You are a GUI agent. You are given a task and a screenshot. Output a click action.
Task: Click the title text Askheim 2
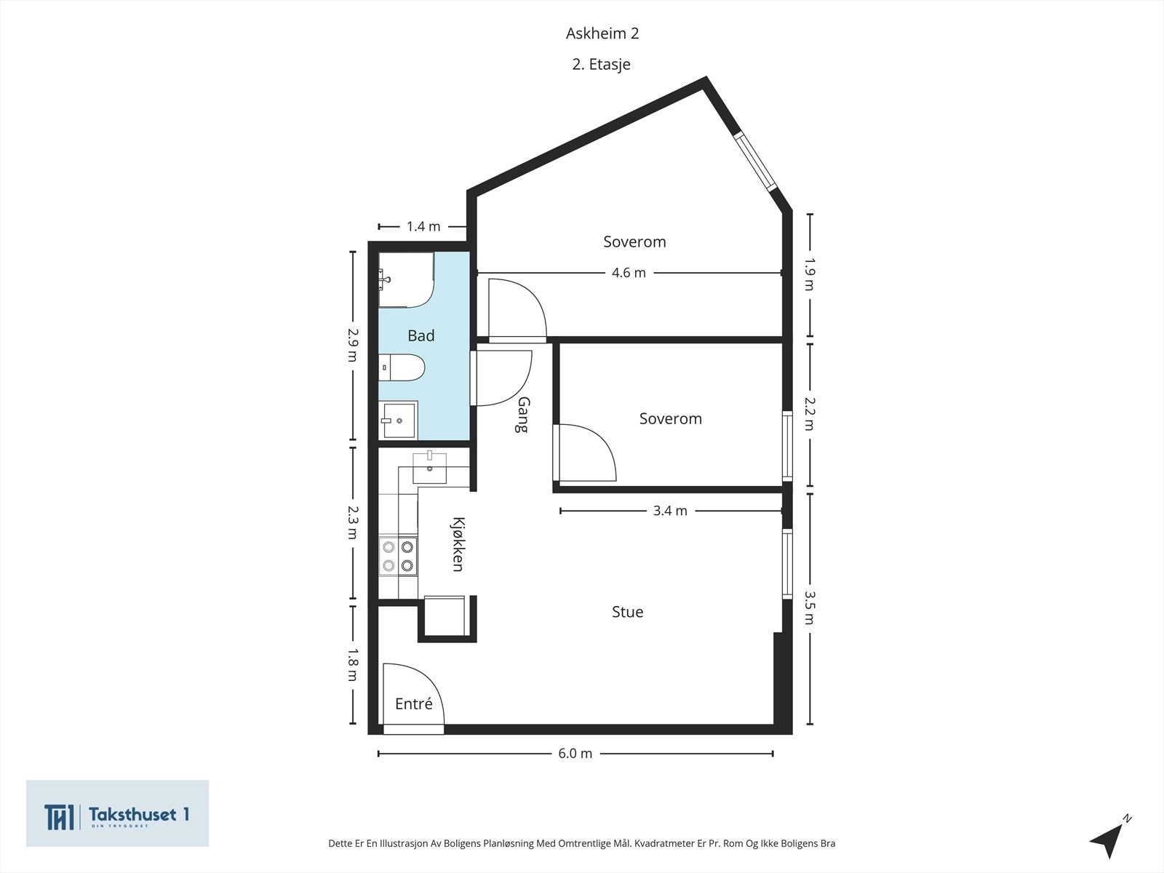point(602,33)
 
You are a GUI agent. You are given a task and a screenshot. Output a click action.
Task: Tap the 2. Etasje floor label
point(601,64)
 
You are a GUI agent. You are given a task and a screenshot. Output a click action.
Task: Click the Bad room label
point(420,335)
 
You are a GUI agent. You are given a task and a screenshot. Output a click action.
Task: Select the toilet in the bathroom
point(402,367)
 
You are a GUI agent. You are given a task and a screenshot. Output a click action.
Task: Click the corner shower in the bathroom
point(405,279)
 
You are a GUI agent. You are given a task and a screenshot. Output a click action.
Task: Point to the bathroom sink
point(399,420)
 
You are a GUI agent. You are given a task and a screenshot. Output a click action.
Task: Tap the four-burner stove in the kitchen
point(398,556)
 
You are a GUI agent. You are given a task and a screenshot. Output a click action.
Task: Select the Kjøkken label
point(458,544)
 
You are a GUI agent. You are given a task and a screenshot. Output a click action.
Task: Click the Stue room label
point(627,612)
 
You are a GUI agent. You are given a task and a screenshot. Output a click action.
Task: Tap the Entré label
point(413,703)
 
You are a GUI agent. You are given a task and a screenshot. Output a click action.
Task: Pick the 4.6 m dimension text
point(629,273)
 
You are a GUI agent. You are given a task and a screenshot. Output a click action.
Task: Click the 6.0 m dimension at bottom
point(575,754)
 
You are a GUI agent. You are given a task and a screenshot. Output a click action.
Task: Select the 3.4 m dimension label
point(669,511)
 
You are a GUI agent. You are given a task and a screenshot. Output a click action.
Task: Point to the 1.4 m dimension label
point(423,226)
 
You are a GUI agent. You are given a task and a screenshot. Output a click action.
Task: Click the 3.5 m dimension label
point(809,607)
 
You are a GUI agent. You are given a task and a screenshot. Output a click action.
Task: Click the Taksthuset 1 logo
point(118,813)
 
